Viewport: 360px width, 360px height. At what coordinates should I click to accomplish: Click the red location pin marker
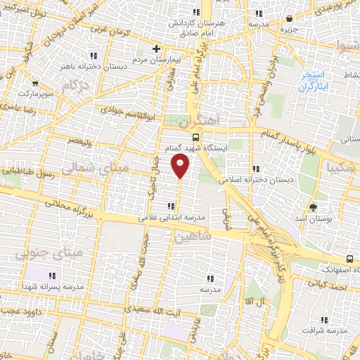pos(181,166)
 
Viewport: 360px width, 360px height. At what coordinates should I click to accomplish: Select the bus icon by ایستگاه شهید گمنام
pos(196,138)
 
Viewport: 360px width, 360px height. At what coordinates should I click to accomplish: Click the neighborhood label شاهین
pos(195,237)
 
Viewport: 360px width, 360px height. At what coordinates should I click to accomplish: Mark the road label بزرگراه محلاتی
pos(67,207)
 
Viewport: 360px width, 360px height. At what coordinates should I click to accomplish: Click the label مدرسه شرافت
pos(327,330)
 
